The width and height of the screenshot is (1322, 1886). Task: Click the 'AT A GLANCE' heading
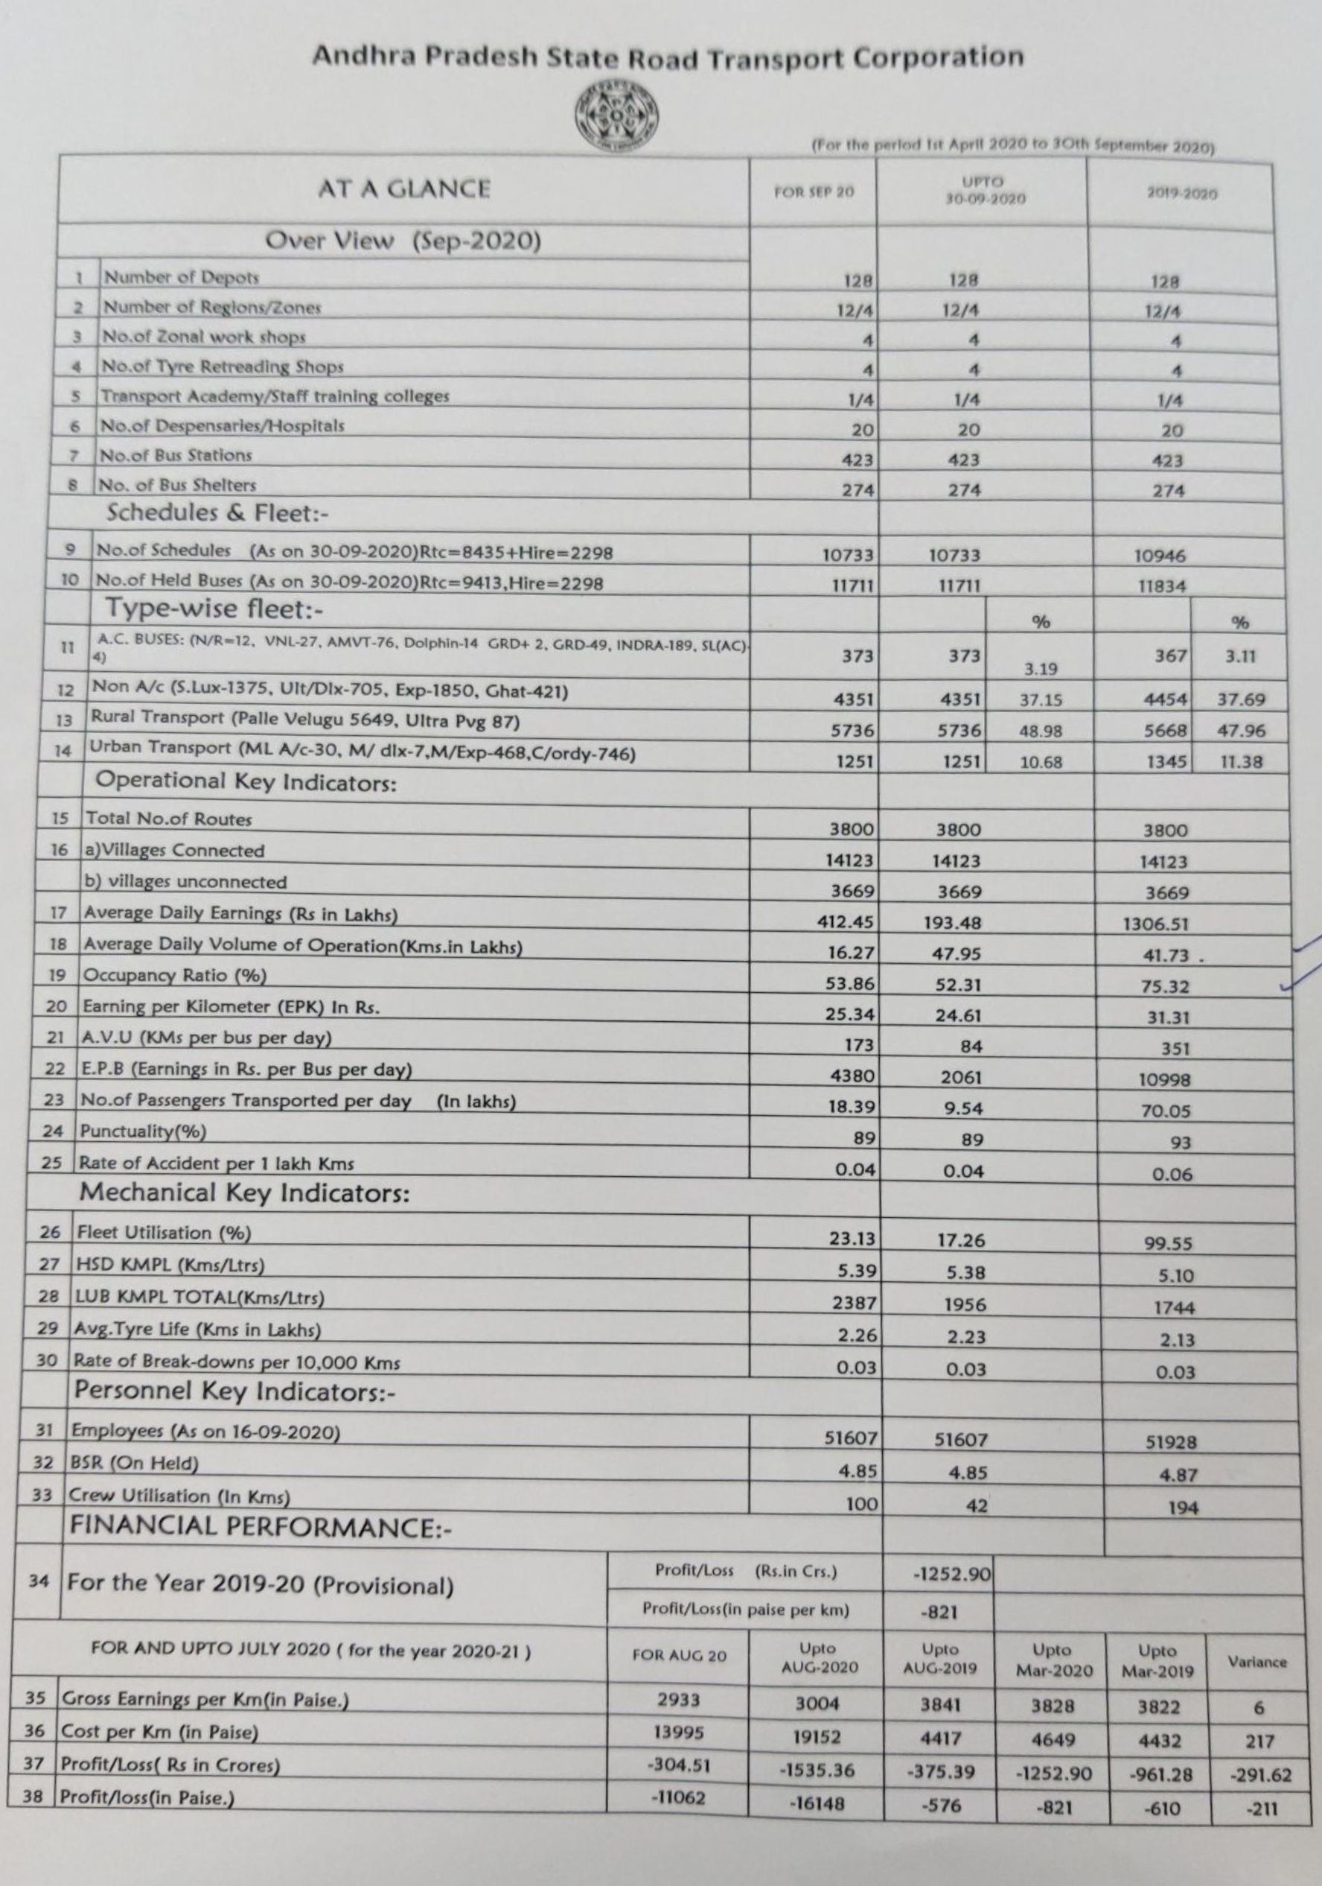403,189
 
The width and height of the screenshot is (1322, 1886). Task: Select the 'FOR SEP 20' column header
813,192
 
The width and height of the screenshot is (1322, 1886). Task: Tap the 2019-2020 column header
1181,194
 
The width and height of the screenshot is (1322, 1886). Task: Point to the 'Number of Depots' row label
181,278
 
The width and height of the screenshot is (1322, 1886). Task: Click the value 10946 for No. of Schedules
1160,556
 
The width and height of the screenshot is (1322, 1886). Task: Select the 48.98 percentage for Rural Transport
1041,731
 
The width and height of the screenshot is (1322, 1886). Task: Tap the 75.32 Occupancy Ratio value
1164,986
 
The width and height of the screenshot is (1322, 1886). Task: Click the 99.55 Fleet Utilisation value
1168,1244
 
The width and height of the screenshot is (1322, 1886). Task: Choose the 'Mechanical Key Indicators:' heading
244,1193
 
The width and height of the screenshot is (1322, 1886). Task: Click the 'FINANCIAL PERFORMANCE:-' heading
261,1525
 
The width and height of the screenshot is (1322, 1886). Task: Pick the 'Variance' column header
1256,1662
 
